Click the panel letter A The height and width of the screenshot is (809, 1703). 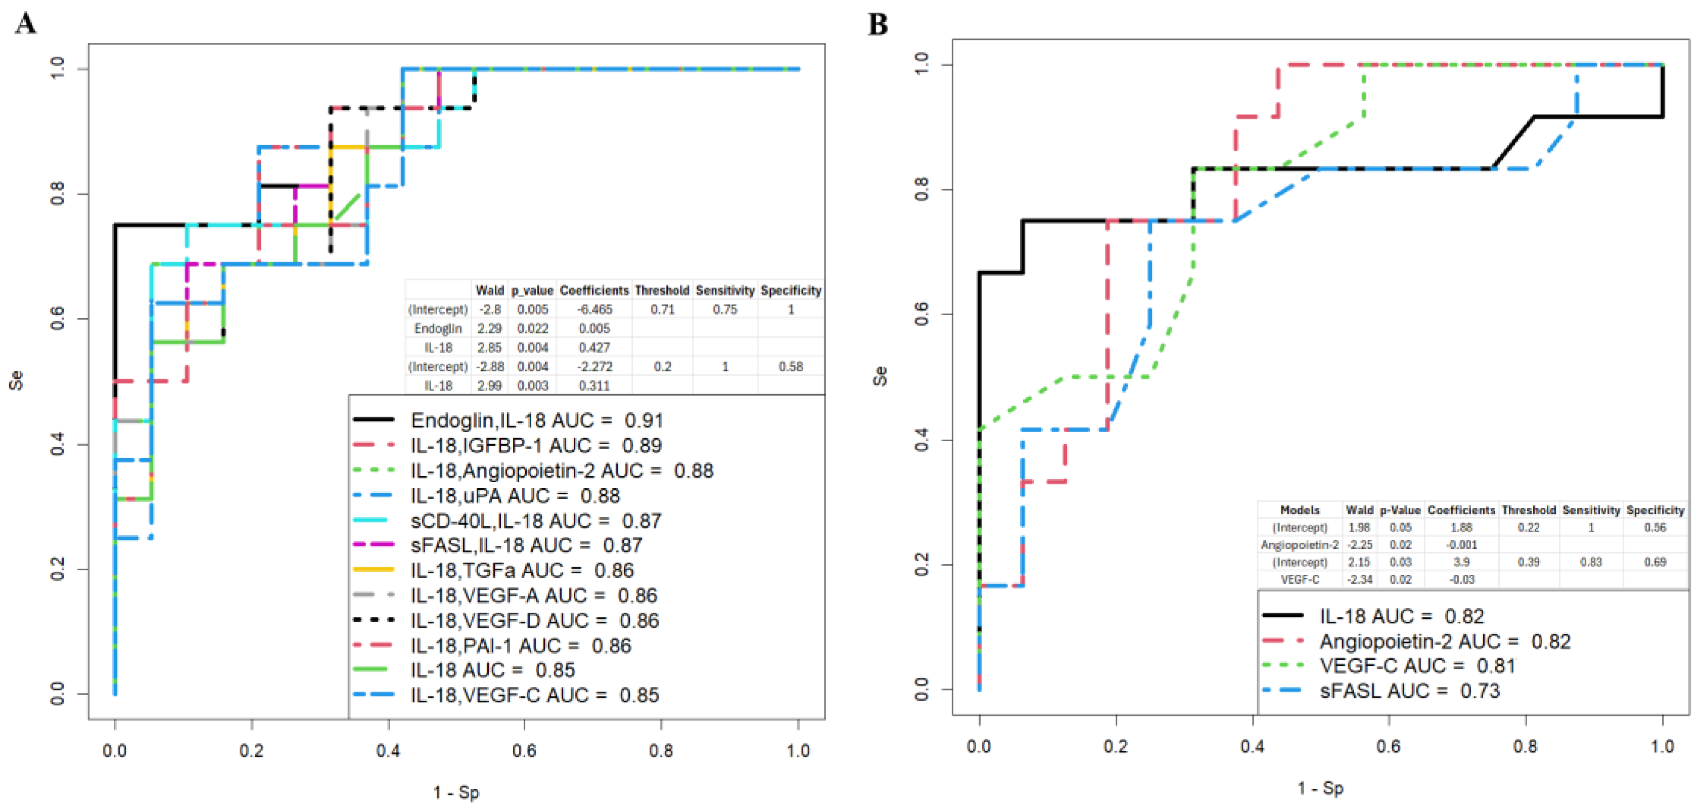[x=26, y=24]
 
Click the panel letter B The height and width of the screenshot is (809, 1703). [x=878, y=24]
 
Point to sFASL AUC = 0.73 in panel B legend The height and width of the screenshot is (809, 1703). [x=1409, y=691]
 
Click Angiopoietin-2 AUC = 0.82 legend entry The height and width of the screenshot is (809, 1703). [x=1445, y=641]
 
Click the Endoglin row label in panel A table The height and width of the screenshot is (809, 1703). [x=438, y=328]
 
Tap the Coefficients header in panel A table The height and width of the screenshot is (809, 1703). [x=593, y=290]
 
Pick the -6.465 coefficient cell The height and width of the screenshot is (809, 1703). [x=593, y=310]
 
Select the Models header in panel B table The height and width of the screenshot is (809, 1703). [x=1299, y=510]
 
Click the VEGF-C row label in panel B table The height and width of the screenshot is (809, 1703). [x=1299, y=579]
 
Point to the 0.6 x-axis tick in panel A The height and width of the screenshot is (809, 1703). [x=524, y=751]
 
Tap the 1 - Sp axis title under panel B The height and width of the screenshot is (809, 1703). [x=1320, y=788]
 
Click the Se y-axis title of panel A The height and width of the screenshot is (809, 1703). [x=16, y=380]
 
